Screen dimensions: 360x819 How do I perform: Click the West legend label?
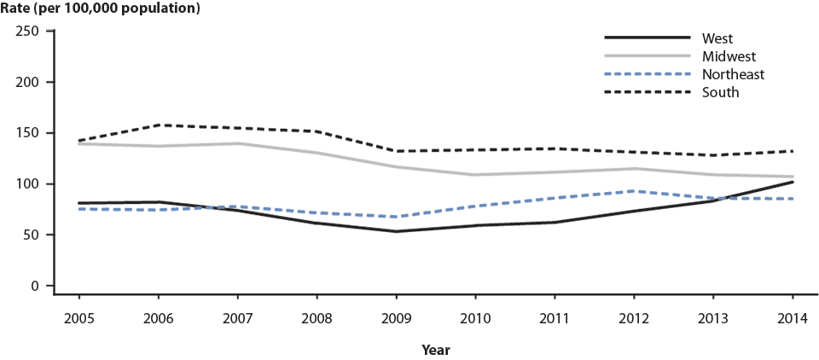pyautogui.click(x=717, y=38)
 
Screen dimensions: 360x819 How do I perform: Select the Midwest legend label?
pyautogui.click(x=727, y=55)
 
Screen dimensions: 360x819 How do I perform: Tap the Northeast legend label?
pyautogui.click(x=733, y=74)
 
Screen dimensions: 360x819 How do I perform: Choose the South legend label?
pyautogui.click(x=721, y=92)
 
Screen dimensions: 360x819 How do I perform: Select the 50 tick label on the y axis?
pyautogui.click(x=32, y=235)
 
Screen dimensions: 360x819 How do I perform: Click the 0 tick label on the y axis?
pyautogui.click(x=36, y=286)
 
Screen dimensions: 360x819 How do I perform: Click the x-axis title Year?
pyautogui.click(x=435, y=350)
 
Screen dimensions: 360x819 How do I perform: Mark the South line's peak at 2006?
pyautogui.click(x=159, y=125)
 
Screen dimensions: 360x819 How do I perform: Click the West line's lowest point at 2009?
pyautogui.click(x=396, y=231)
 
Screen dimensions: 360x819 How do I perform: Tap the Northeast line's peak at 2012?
pyautogui.click(x=634, y=191)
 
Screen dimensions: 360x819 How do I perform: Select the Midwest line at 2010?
pyautogui.click(x=475, y=175)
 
